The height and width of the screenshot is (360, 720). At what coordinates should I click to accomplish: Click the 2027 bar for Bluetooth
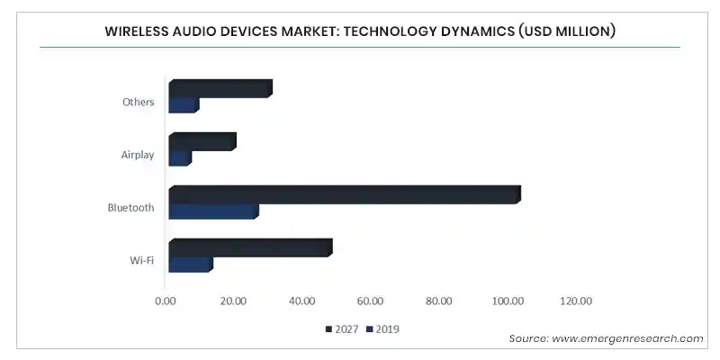[x=345, y=194]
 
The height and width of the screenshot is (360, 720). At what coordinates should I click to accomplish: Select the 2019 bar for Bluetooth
[x=213, y=211]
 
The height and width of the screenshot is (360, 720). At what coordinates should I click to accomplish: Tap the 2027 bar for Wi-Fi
[x=250, y=248]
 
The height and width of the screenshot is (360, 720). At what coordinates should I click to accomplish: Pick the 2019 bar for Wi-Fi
[x=191, y=265]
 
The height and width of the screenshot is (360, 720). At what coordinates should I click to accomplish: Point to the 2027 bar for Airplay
[x=202, y=141]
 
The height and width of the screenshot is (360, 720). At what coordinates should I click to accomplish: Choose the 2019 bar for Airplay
[x=180, y=158]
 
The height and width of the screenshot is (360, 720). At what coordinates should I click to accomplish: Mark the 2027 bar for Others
[x=220, y=88]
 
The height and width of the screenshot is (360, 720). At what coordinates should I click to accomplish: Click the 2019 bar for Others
[x=184, y=105]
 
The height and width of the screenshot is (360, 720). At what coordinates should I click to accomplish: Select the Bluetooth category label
[x=130, y=208]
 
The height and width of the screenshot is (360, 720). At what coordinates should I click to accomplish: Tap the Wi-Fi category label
[x=142, y=260]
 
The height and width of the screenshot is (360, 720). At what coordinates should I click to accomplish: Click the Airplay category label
[x=138, y=155]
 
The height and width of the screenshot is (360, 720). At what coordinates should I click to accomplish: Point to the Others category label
[x=139, y=102]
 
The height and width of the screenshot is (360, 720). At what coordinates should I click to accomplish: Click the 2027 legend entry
[x=342, y=329]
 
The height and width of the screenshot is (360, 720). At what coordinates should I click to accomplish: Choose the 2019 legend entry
[x=382, y=329]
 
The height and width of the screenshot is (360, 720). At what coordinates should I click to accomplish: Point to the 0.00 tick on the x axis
[x=166, y=301]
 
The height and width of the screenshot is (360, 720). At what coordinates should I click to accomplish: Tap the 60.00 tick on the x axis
[x=371, y=301]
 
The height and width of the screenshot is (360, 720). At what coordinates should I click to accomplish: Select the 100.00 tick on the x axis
[x=508, y=301]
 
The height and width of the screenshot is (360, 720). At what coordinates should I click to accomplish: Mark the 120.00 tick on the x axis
[x=576, y=301]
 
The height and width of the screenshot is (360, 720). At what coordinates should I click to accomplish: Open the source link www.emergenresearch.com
[x=627, y=339]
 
